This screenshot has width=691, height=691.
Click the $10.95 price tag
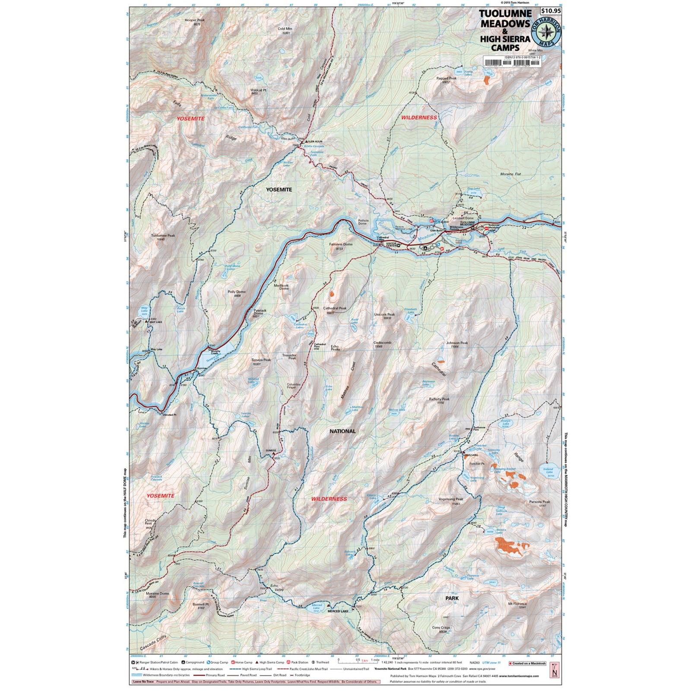[551, 11]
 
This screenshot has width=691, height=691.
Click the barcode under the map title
[512, 63]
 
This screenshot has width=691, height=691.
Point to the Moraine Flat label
[510, 174]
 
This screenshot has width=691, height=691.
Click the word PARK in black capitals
[452, 598]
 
